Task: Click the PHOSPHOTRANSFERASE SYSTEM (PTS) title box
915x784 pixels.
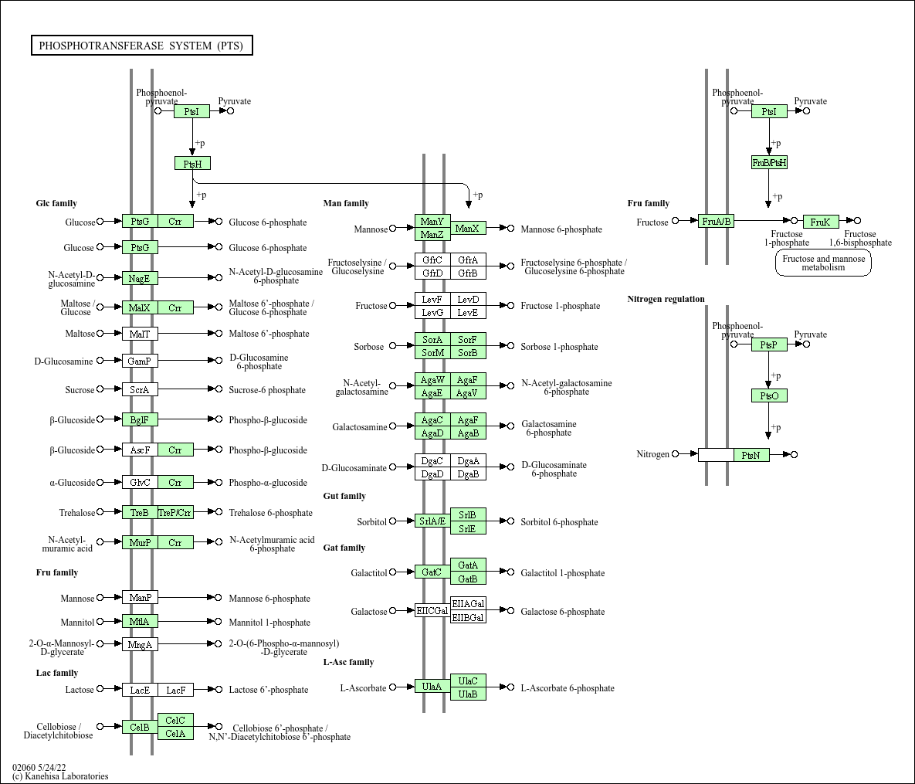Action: [x=141, y=46]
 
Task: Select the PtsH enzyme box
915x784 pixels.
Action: [x=192, y=164]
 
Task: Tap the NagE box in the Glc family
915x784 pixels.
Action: [x=140, y=278]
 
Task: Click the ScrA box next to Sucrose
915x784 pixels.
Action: [x=140, y=390]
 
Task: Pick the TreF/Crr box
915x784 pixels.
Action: [x=175, y=513]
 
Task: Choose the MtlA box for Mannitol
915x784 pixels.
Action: [x=140, y=622]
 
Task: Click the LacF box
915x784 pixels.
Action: [x=175, y=690]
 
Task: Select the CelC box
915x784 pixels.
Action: [x=175, y=721]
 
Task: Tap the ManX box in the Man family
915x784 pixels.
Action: [x=468, y=229]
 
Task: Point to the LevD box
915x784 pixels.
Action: [x=468, y=300]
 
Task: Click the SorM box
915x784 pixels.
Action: [x=432, y=353]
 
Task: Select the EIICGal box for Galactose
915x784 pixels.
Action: [x=432, y=611]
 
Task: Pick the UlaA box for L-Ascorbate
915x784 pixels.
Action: [x=432, y=687]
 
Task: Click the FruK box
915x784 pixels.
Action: [x=821, y=222]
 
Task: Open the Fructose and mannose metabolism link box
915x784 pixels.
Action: [x=823, y=263]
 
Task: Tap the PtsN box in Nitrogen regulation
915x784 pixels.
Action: [x=751, y=456]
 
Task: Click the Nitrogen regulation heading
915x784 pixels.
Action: [x=666, y=300]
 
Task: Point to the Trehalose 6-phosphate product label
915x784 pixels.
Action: [x=270, y=513]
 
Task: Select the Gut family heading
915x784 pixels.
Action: [x=344, y=496]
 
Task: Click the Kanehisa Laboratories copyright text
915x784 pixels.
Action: [x=60, y=776]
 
